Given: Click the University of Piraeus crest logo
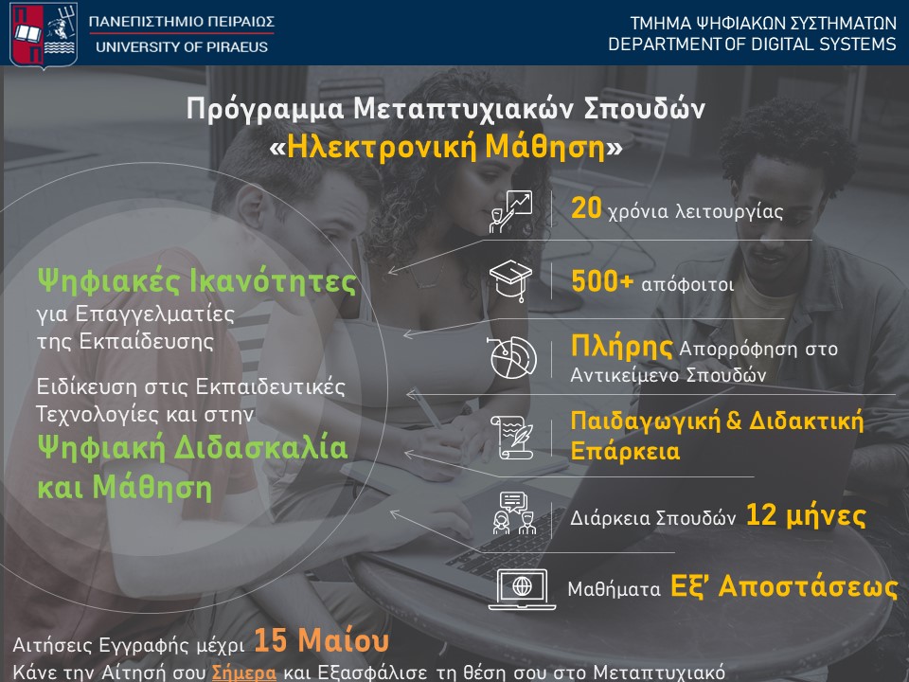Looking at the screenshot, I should tap(43, 33).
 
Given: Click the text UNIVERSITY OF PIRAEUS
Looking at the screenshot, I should tap(182, 47).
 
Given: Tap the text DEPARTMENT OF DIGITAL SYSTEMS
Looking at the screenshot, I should tap(751, 45).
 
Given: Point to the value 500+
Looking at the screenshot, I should tap(602, 282).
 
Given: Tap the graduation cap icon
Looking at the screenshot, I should tap(512, 281).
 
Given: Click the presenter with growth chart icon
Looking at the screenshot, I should tap(511, 211).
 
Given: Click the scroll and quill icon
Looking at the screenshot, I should tap(512, 437).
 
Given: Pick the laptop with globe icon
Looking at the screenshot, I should tap(521, 588).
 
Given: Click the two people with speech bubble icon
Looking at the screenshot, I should tap(512, 513).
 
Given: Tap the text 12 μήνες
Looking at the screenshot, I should tap(806, 516).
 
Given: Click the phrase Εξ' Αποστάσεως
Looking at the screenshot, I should tap(783, 586).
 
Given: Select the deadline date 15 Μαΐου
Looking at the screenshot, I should tap(322, 641).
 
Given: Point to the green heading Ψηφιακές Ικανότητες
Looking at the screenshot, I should tap(197, 281).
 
